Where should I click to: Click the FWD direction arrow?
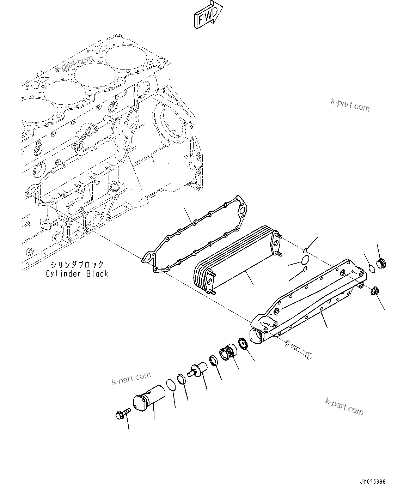tap(208, 15)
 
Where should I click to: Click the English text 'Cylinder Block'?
tap(77, 273)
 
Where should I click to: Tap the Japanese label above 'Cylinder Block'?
tap(77, 264)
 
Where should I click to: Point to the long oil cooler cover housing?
tap(307, 300)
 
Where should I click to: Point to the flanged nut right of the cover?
tap(375, 292)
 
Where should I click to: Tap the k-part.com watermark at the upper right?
tap(350, 105)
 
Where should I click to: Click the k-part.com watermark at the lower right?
tap(344, 407)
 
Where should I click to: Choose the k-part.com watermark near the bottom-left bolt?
tap(131, 379)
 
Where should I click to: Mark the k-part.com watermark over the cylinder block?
tap(74, 64)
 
